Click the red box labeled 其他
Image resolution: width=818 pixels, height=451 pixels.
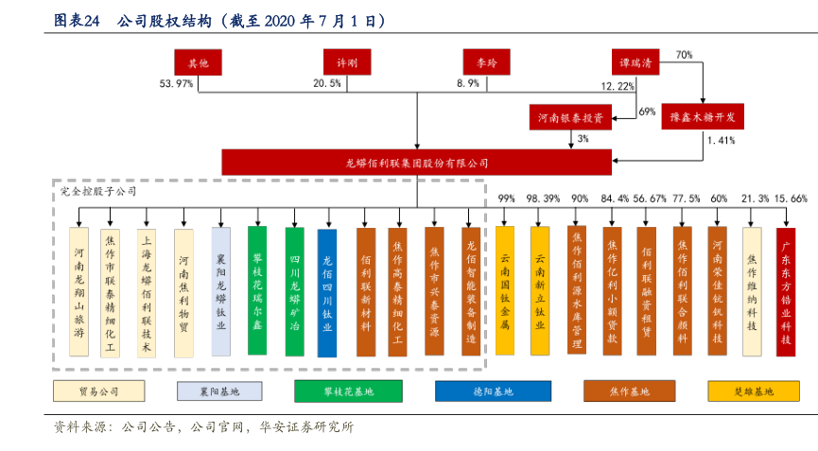(198, 62)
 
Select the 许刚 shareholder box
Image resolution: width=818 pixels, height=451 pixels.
(347, 62)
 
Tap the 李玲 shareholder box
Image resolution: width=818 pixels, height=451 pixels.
(486, 62)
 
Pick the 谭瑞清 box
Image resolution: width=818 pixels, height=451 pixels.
(634, 62)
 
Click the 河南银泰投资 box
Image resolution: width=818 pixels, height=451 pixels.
(571, 118)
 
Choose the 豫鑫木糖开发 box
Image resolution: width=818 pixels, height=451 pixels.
(703, 118)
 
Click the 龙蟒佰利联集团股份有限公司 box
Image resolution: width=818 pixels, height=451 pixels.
(416, 162)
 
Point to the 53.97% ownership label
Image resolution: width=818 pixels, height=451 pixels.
(177, 85)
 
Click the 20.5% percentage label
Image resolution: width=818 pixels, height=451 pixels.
(327, 85)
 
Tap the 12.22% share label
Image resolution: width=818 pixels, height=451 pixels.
(618, 86)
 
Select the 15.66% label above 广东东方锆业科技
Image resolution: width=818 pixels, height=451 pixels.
(790, 199)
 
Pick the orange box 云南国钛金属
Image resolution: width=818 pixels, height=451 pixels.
(505, 290)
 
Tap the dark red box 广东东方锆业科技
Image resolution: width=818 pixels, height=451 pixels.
(785, 291)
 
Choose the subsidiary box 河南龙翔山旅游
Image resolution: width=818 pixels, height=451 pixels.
(81, 292)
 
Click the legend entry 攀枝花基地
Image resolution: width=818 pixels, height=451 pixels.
(348, 391)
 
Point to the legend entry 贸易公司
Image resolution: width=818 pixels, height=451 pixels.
(99, 391)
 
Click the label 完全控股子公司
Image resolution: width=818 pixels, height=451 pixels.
(93, 191)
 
